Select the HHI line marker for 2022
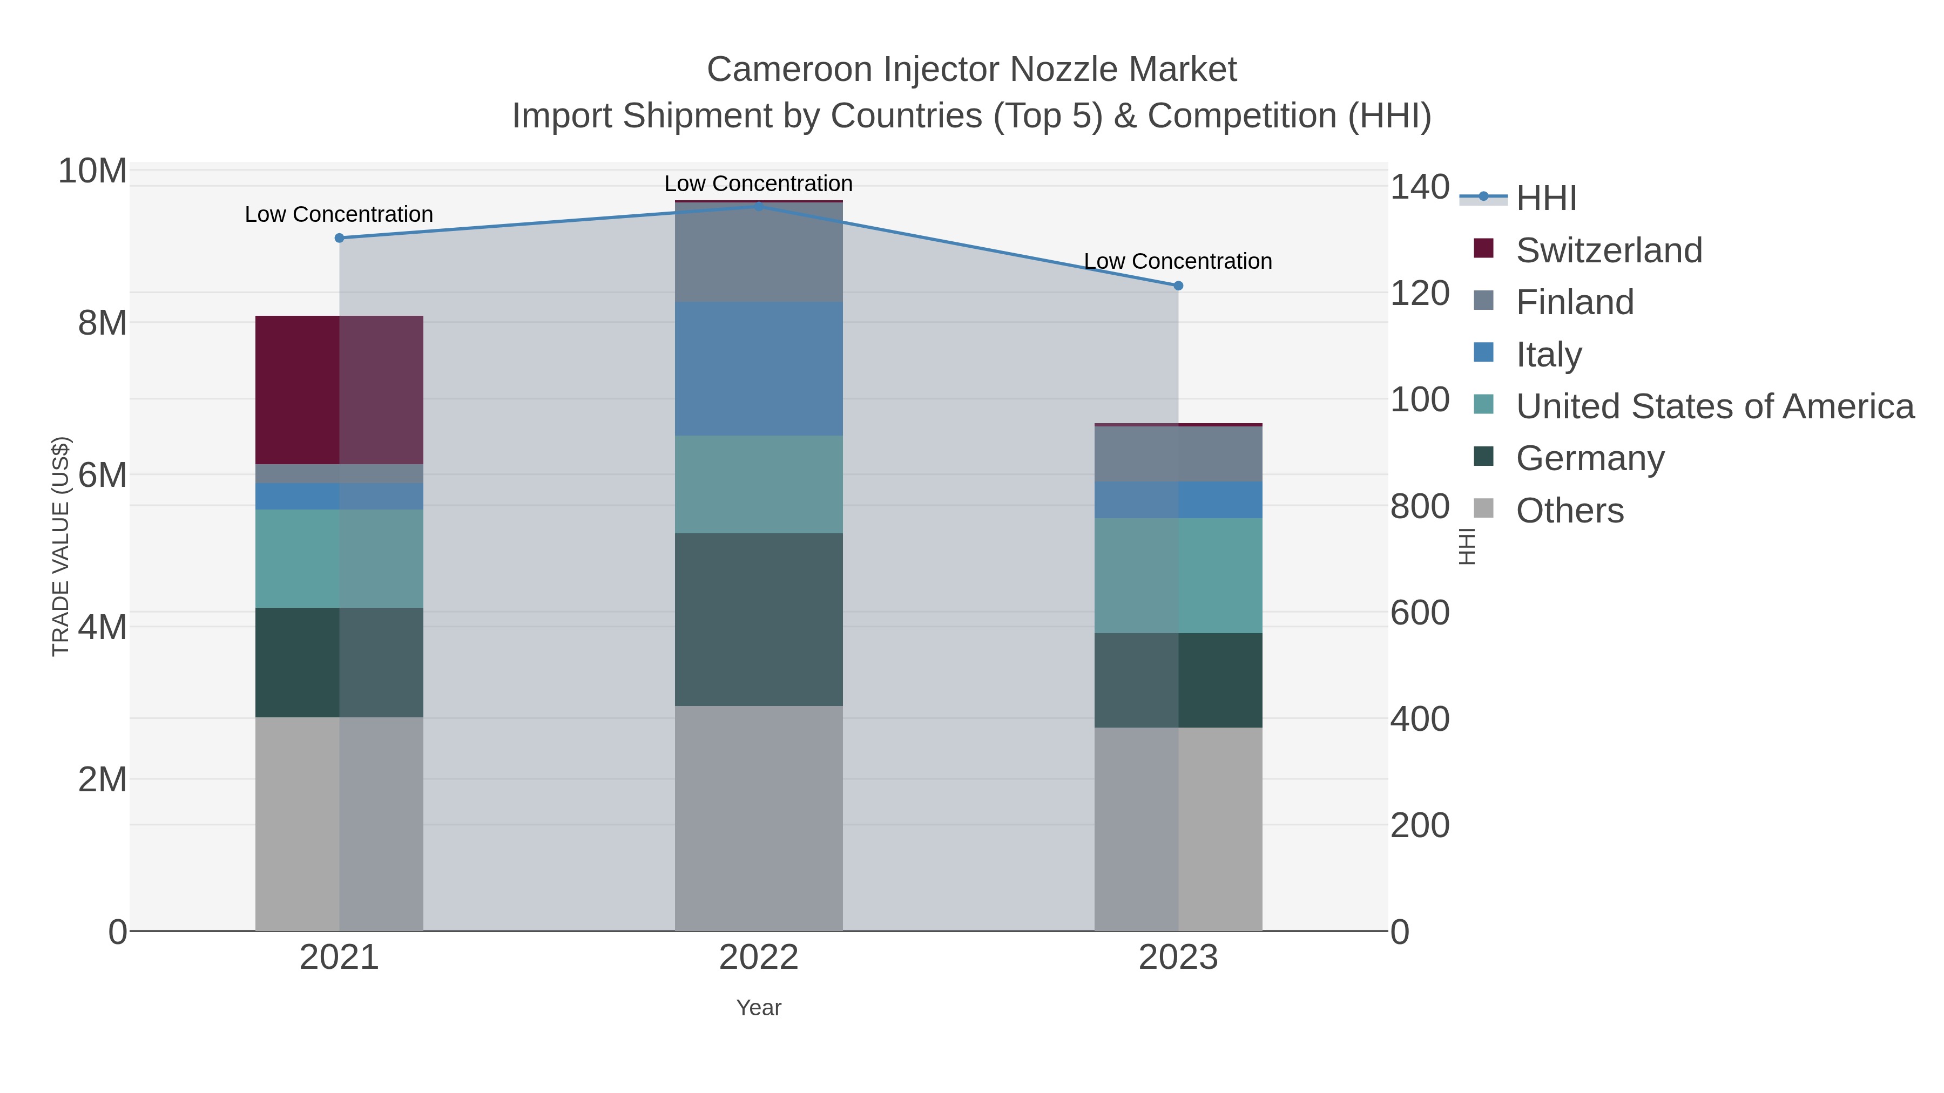[759, 206]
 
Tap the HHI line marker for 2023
[1178, 286]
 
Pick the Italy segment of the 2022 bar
[759, 369]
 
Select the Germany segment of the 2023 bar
[1178, 681]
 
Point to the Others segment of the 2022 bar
[759, 818]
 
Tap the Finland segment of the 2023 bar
[1178, 454]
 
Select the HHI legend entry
[1545, 199]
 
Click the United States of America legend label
[1714, 406]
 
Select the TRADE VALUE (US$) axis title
[60, 546]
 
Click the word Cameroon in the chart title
[790, 70]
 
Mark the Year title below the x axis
[759, 1008]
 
